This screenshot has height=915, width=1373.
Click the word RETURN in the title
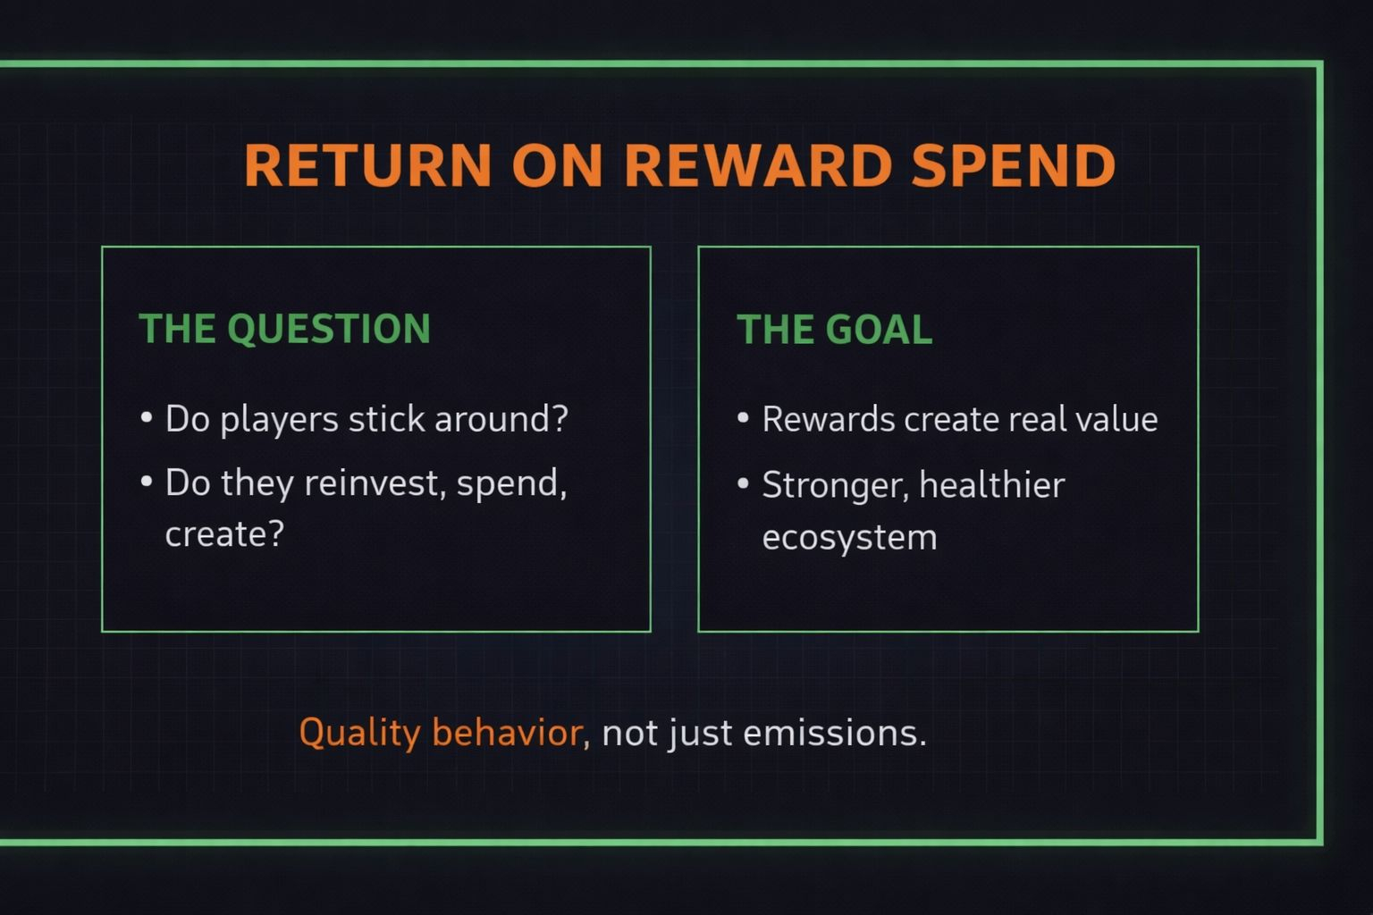367,164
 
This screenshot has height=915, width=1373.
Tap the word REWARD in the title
758,164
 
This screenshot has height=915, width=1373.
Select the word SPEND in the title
1014,164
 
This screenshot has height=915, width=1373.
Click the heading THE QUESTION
284,329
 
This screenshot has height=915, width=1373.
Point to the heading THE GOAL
834,329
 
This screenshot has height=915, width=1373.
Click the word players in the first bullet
280,421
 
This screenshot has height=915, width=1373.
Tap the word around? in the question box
501,419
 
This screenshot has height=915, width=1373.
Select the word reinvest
372,483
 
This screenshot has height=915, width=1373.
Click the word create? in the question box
225,534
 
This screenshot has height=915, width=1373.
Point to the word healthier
992,485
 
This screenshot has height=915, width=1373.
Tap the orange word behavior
508,732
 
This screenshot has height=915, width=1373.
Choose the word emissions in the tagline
830,733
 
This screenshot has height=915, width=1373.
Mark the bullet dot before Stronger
744,483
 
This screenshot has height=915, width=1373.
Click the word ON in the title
557,164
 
